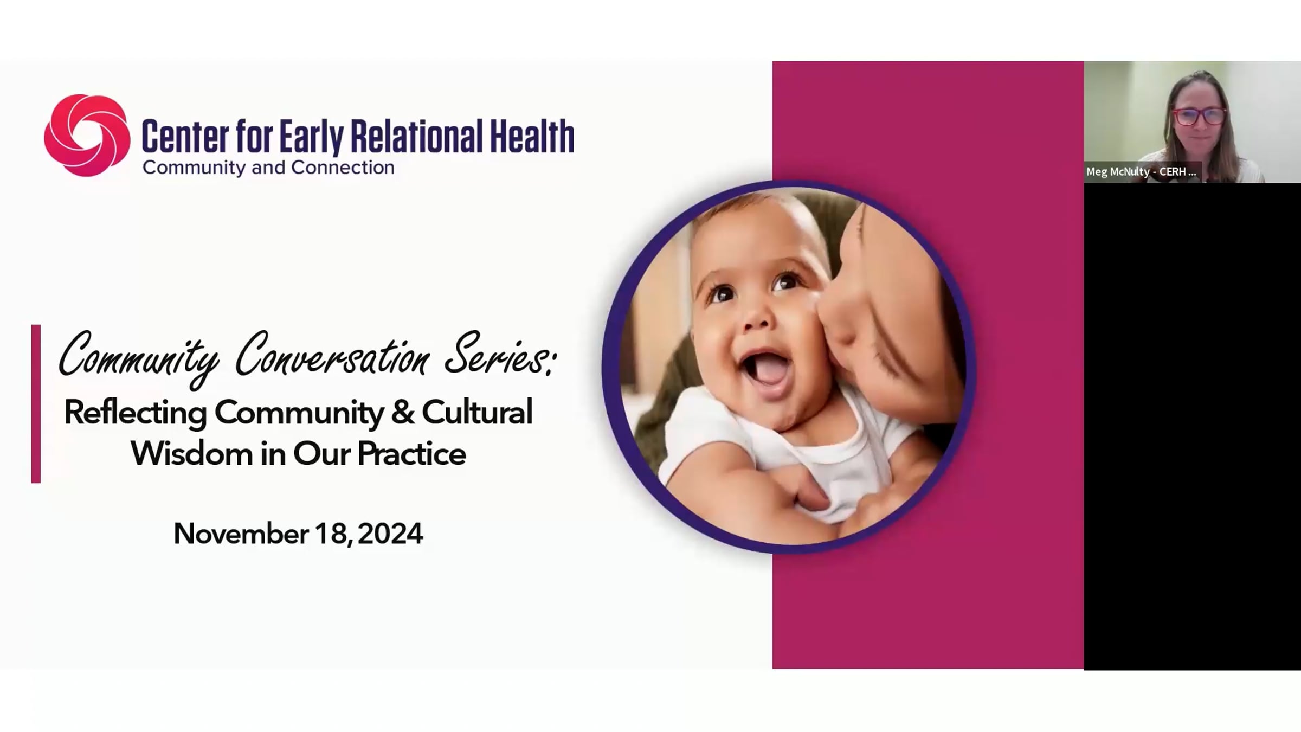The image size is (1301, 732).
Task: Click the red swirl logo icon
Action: pos(87,135)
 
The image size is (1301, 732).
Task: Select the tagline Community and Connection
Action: pos(268,168)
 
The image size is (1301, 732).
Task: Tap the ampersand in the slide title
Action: pos(402,412)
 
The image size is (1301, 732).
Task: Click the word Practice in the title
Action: pos(411,454)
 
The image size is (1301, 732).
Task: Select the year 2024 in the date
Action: pos(390,534)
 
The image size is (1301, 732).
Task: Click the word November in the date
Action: pos(241,534)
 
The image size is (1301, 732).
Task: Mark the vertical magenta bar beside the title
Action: pos(36,404)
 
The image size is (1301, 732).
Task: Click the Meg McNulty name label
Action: pos(1141,172)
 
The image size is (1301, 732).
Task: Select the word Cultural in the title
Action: pos(477,412)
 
